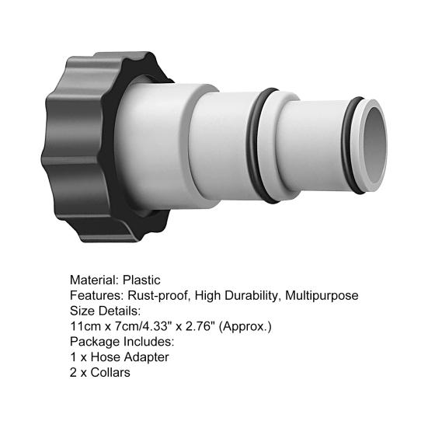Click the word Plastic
pos(141,280)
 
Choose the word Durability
pos(252,295)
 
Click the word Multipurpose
pos(322,295)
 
